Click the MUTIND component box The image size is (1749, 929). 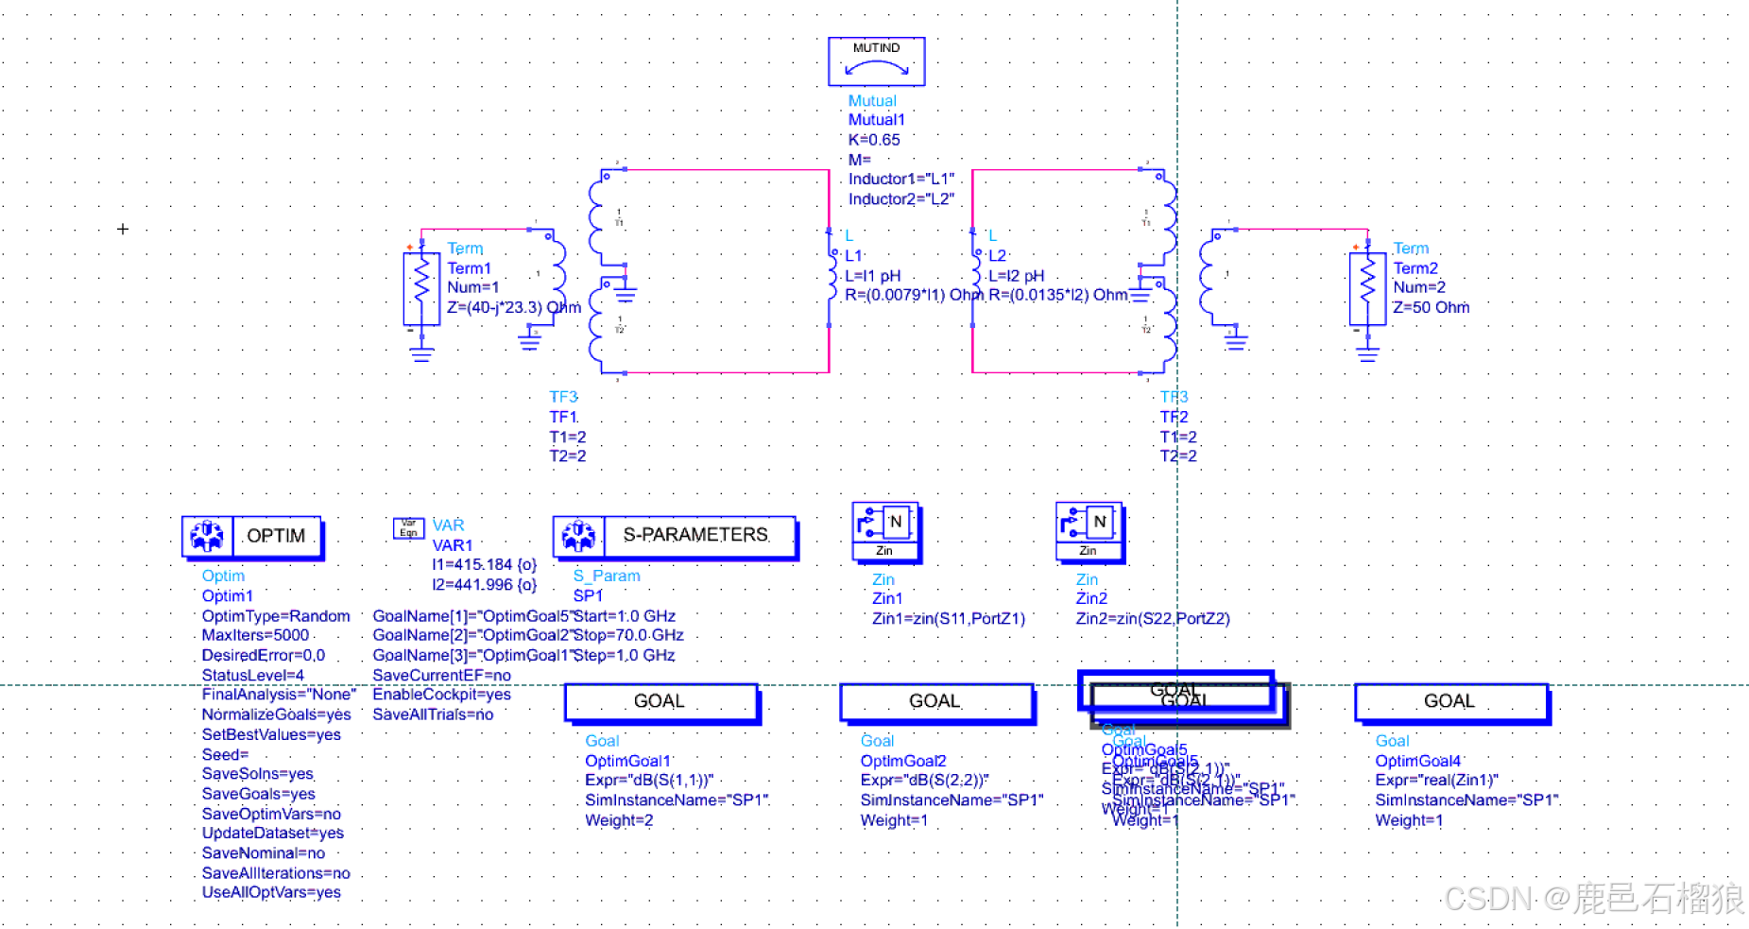tap(876, 61)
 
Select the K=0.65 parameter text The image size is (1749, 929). tap(874, 140)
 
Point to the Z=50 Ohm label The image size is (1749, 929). tap(1431, 307)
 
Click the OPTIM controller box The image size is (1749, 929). tap(251, 537)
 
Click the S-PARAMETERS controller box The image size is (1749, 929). tap(675, 536)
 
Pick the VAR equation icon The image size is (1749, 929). tap(408, 528)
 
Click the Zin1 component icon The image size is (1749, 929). tap(884, 530)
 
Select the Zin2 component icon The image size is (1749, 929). tap(1089, 530)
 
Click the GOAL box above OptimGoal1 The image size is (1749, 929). tap(660, 702)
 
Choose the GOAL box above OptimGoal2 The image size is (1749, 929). tap(935, 702)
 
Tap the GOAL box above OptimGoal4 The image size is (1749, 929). tap(1450, 702)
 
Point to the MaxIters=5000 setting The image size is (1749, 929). tap(255, 635)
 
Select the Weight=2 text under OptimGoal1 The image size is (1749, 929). tap(619, 820)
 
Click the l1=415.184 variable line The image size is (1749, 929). tap(484, 564)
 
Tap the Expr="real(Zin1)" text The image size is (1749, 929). tap(1436, 780)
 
